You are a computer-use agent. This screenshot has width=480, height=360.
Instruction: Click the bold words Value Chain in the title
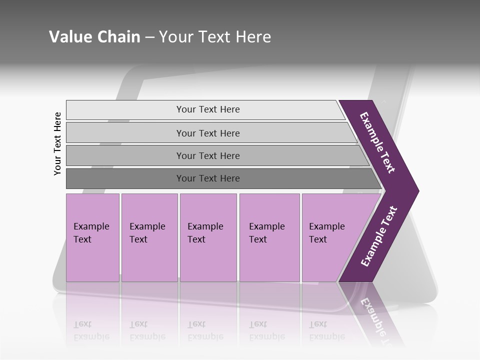[x=94, y=37]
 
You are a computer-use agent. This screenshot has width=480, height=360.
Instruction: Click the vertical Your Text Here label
[x=57, y=143]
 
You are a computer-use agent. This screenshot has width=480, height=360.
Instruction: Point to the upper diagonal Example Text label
[x=377, y=142]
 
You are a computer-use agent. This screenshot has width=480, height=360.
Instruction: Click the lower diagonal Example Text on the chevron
[x=379, y=236]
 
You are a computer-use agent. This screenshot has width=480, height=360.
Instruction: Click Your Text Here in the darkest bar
[x=208, y=178]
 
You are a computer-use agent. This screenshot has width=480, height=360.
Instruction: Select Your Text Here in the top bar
[x=208, y=109]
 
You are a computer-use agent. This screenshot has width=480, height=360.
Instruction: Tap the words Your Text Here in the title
[x=215, y=37]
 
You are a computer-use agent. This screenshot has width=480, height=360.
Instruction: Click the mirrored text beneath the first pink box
[x=91, y=330]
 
